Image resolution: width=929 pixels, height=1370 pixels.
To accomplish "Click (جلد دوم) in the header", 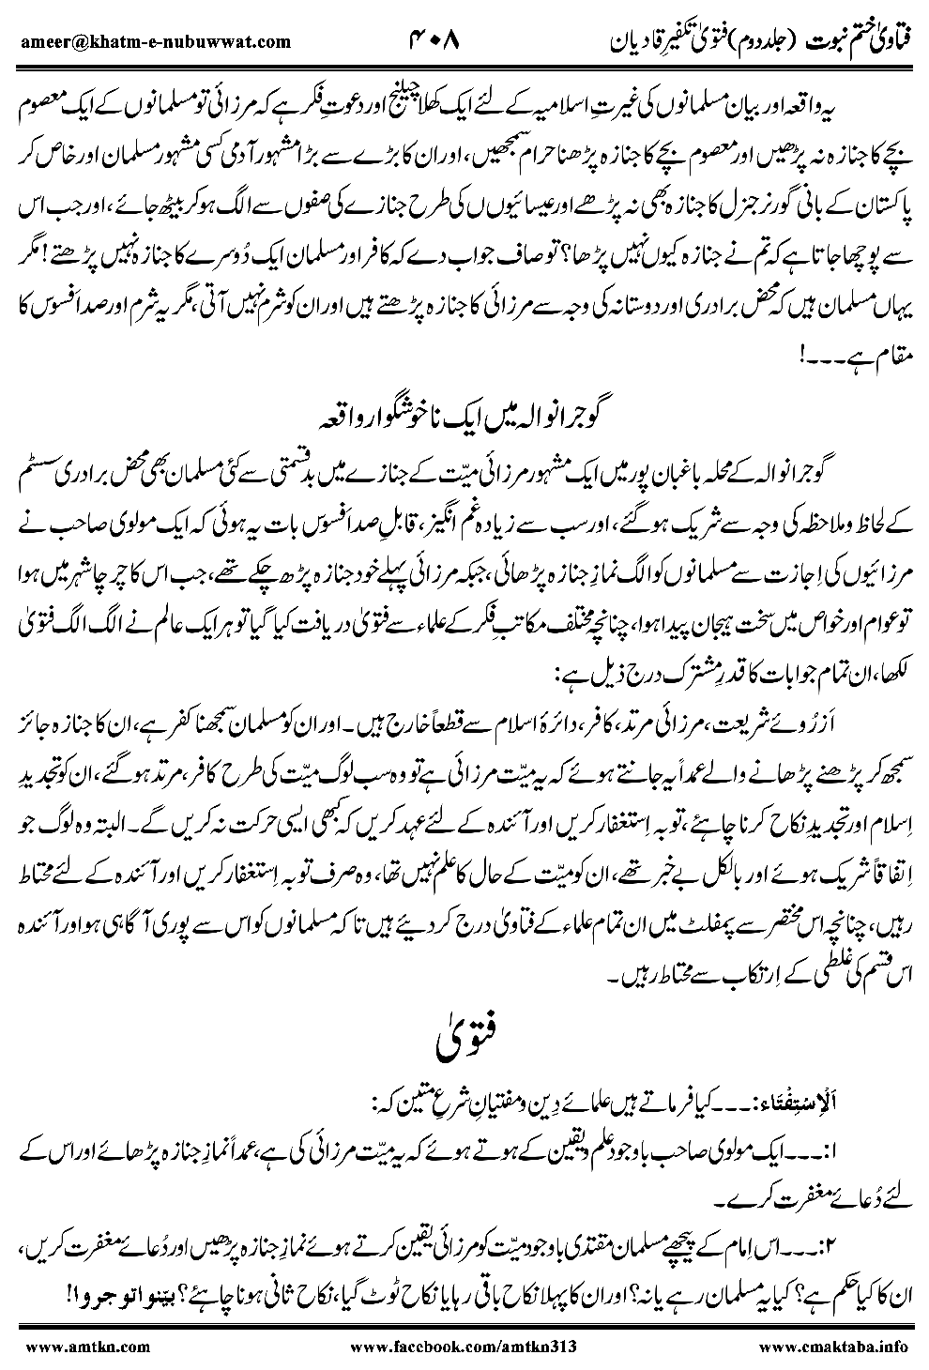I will coord(747,42).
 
